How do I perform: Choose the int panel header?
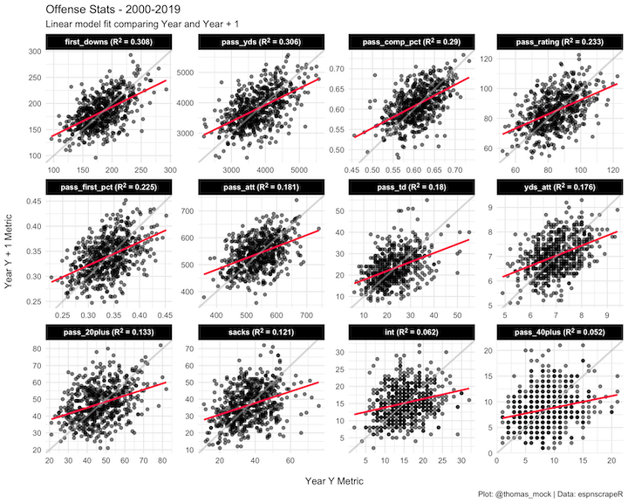pos(402,332)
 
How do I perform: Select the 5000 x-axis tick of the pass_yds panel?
pos(296,170)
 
